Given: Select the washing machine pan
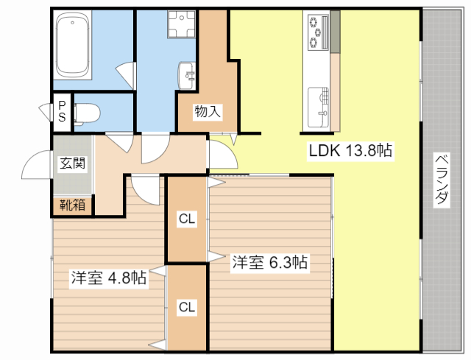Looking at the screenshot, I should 181,27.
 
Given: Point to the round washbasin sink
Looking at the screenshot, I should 187,74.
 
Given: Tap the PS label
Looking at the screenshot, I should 62,112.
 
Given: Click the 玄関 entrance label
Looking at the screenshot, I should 71,163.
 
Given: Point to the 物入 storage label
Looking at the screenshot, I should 207,112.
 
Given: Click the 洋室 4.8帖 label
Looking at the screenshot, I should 108,278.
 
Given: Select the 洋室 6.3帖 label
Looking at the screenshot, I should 270,262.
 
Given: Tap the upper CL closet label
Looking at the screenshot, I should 187,219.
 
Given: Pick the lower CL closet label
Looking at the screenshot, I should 187,307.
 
